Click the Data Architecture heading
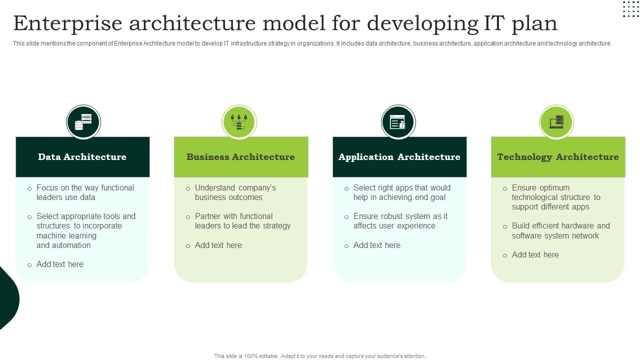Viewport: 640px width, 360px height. point(82,157)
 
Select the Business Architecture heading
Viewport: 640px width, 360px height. point(240,157)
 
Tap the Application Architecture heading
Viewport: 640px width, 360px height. point(399,157)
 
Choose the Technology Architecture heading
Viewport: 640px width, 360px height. point(557,157)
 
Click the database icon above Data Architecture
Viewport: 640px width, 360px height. point(83,122)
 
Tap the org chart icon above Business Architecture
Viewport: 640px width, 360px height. point(239,122)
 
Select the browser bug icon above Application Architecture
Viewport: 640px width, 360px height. point(398,122)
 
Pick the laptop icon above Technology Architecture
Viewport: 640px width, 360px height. point(556,122)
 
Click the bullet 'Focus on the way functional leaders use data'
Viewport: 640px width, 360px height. point(85,192)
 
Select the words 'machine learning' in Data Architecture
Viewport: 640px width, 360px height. point(66,235)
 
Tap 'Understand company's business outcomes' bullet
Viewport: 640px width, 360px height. point(235,192)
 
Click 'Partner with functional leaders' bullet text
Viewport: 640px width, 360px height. point(242,221)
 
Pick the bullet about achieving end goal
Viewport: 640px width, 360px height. point(401,192)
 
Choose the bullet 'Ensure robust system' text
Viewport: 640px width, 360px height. point(400,221)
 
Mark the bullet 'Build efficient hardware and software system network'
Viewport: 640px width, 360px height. point(560,230)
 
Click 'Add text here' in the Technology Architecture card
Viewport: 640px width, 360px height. point(535,254)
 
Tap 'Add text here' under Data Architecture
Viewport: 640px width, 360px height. point(60,264)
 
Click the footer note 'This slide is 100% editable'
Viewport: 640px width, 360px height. point(320,356)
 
